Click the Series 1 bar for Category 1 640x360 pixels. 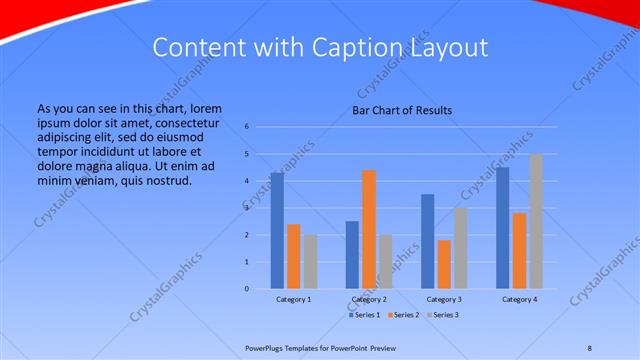(277, 231)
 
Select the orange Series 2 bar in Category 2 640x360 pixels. (369, 229)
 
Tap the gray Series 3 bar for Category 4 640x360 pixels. (535, 221)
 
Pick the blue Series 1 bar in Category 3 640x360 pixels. (428, 241)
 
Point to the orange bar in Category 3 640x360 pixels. (444, 264)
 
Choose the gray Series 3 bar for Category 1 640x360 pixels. (309, 262)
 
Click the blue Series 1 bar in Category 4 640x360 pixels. (503, 228)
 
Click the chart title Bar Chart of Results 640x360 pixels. (401, 110)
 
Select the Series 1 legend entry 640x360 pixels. (365, 315)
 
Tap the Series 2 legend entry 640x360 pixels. (403, 315)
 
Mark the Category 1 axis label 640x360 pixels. (293, 299)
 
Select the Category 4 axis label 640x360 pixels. (519, 299)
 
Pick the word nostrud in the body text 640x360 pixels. (167, 180)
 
